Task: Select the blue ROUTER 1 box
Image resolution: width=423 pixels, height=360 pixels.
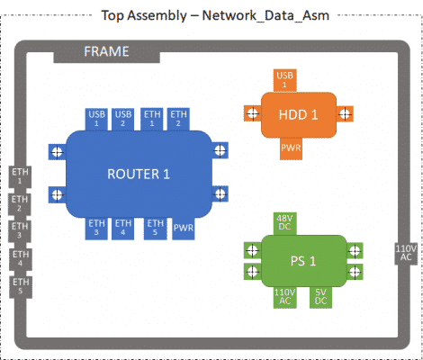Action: pyautogui.click(x=139, y=174)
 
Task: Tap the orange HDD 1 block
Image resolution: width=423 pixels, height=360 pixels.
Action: pyautogui.click(x=299, y=114)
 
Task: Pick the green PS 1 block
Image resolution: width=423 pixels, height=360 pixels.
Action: pyautogui.click(x=303, y=261)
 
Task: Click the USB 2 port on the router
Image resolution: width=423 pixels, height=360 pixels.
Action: pyautogui.click(x=123, y=119)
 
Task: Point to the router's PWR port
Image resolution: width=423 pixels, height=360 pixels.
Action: pyautogui.click(x=184, y=228)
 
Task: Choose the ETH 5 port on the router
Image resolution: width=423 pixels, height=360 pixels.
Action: pyautogui.click(x=156, y=228)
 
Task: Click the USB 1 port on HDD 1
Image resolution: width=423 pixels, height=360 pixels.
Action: pyautogui.click(x=284, y=80)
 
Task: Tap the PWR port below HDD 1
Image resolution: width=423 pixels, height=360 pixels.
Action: pyautogui.click(x=291, y=148)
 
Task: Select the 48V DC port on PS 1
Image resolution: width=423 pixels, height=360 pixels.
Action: pyautogui.click(x=284, y=224)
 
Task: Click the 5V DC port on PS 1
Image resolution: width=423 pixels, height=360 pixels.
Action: pyautogui.click(x=320, y=297)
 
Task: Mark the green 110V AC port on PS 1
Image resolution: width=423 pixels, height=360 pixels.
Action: pyautogui.click(x=284, y=297)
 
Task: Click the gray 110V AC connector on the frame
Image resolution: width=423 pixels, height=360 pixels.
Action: pyautogui.click(x=406, y=254)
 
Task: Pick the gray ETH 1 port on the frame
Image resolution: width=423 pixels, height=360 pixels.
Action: pyautogui.click(x=20, y=176)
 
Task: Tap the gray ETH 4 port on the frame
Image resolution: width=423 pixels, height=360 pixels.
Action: pyautogui.click(x=21, y=259)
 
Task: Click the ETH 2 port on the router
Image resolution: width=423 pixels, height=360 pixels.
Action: pyautogui.click(x=178, y=119)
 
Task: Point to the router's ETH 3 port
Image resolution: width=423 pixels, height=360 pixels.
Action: pyautogui.click(x=96, y=228)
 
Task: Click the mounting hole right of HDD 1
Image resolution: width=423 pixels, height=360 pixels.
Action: pyautogui.click(x=345, y=113)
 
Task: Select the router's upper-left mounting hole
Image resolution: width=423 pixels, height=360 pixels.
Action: pyautogui.click(x=57, y=152)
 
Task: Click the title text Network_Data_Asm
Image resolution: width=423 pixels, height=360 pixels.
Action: pyautogui.click(x=265, y=15)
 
